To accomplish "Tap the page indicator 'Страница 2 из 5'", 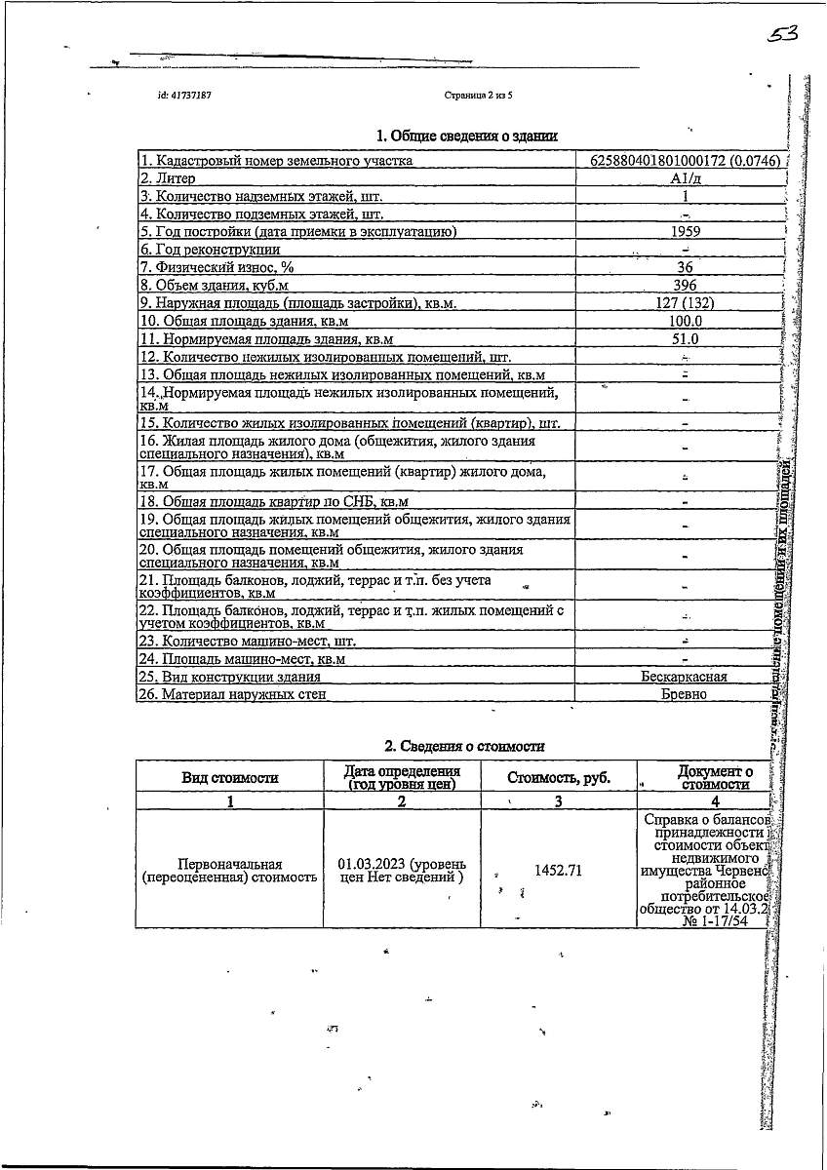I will click(x=478, y=96).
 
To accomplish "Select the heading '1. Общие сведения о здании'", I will click(x=467, y=136).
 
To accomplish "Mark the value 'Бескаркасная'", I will click(x=684, y=677).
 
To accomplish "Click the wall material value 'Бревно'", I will click(x=685, y=694).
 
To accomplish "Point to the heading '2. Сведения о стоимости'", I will click(x=464, y=746).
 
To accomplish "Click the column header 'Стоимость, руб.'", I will click(x=559, y=777).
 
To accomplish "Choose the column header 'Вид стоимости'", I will click(x=230, y=777).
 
